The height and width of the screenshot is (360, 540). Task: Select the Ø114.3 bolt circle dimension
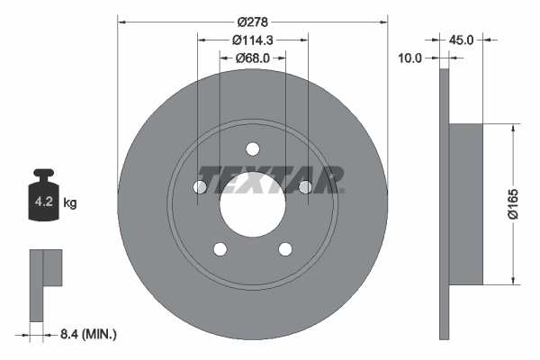(x=253, y=40)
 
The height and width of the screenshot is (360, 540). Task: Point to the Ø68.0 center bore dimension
(x=253, y=58)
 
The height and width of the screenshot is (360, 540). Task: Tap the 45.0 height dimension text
(x=461, y=40)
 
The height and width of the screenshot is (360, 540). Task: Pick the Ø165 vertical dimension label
(x=522, y=202)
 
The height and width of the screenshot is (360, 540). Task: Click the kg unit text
(x=70, y=203)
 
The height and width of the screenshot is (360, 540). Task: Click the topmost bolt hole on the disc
(x=253, y=148)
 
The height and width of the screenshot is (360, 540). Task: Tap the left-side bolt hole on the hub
(x=200, y=187)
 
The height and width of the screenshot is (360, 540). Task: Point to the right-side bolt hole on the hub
(x=305, y=187)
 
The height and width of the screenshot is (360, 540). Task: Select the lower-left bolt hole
(x=220, y=249)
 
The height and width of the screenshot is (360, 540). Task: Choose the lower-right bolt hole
(x=285, y=249)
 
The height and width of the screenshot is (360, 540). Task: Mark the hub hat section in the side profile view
(x=465, y=203)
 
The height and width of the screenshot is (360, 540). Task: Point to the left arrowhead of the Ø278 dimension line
(x=121, y=20)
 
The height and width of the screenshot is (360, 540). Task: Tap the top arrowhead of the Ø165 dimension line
(x=514, y=127)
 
